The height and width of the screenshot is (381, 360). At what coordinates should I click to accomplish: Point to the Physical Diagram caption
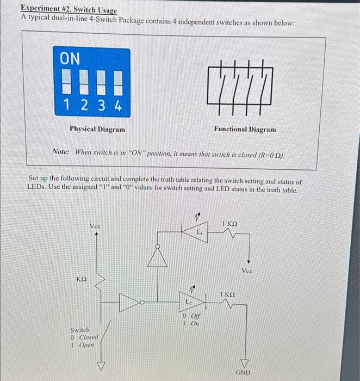[97, 130]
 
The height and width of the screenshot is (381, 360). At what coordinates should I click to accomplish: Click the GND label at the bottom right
[243, 372]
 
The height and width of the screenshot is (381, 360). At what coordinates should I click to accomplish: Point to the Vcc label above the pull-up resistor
[95, 225]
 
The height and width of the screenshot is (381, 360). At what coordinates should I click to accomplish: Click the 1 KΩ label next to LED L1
[230, 224]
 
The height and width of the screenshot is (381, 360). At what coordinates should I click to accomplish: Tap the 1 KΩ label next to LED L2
[227, 294]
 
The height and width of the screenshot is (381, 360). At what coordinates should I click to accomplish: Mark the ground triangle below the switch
[100, 365]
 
